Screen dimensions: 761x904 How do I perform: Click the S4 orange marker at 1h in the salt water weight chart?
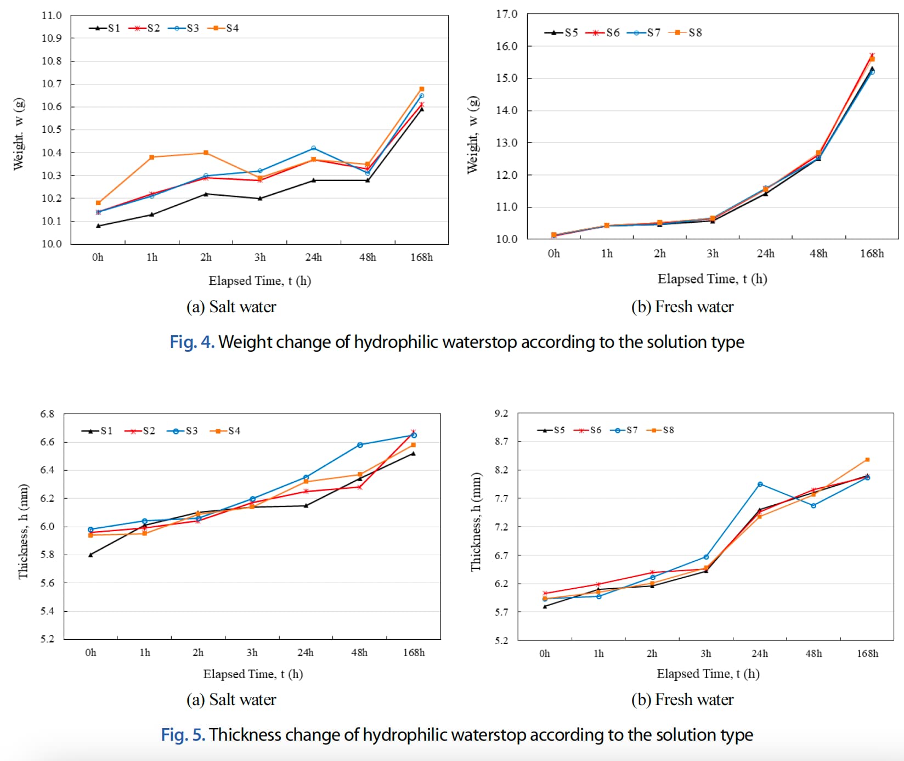(152, 157)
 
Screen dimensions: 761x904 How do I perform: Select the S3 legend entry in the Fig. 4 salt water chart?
(186, 28)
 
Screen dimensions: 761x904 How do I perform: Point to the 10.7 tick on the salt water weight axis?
(52, 84)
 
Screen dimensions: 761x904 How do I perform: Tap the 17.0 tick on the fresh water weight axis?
(506, 14)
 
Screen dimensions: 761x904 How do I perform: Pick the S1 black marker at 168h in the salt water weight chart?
(421, 109)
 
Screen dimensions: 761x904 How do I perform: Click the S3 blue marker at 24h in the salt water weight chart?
(313, 148)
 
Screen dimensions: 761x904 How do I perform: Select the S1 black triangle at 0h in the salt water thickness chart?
(91, 555)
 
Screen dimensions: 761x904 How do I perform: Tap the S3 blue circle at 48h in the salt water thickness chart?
(360, 445)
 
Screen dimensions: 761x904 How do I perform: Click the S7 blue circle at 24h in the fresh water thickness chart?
(760, 484)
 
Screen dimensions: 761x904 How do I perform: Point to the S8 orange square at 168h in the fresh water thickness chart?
(867, 460)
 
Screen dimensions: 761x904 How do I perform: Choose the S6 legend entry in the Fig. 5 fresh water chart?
(590, 430)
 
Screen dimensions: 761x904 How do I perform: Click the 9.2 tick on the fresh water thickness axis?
(501, 413)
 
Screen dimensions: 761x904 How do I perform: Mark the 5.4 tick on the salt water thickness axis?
(47, 611)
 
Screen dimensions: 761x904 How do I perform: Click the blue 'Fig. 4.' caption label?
(191, 342)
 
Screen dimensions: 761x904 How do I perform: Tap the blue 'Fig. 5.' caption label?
(183, 735)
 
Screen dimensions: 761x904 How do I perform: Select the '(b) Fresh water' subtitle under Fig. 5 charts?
(682, 700)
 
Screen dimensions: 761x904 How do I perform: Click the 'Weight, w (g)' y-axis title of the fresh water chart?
(473, 135)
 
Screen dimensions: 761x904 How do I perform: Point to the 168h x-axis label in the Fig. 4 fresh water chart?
(872, 253)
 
